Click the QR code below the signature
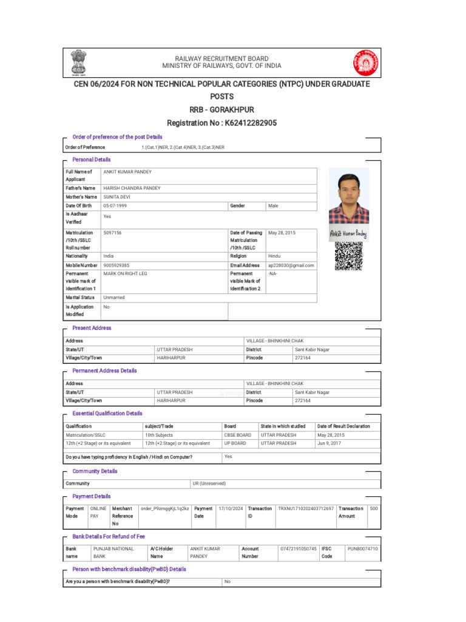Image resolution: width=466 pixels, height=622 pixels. (348, 256)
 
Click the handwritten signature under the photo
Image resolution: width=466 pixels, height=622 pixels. (348, 234)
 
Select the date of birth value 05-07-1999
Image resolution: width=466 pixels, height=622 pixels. (115, 206)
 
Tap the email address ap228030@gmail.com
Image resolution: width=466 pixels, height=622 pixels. (291, 265)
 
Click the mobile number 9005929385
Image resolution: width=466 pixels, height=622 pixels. (116, 265)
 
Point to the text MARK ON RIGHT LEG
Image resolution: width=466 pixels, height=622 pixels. (125, 274)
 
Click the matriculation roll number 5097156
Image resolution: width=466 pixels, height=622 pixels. (112, 233)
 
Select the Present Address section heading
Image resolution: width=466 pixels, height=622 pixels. (92, 328)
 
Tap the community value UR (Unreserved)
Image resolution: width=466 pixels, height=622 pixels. (209, 484)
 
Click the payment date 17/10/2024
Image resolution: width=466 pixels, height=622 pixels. (230, 508)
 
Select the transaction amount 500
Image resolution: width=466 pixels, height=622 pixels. (374, 508)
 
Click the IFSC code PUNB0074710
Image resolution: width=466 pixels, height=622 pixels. (362, 549)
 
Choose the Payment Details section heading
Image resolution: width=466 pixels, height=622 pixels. (91, 496)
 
